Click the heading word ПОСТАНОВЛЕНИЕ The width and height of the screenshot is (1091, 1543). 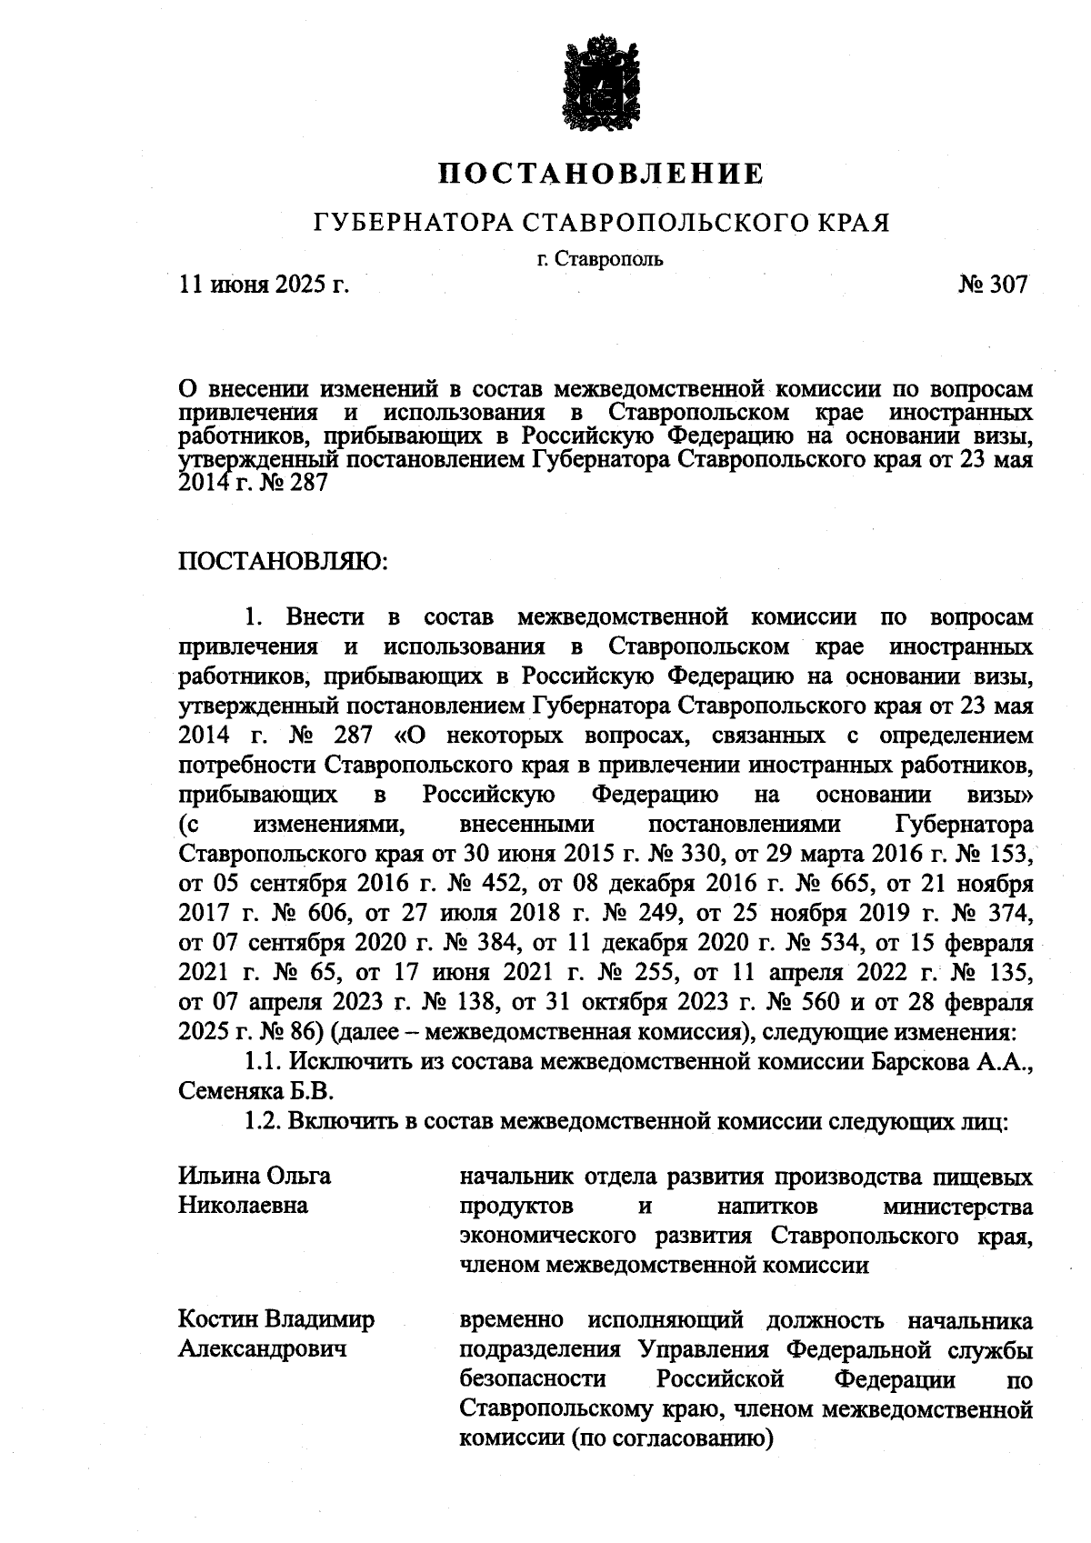click(600, 173)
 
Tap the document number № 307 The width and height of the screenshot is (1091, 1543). click(993, 286)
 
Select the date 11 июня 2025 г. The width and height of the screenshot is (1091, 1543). click(265, 286)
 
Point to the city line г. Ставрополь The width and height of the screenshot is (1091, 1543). click(600, 259)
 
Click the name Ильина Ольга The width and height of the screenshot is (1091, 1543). click(255, 1176)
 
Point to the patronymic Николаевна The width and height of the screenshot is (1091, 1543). click(243, 1206)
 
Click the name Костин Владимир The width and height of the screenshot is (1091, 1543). click(276, 1318)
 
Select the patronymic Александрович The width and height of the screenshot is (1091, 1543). click(263, 1348)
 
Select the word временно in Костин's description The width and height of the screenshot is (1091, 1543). click(511, 1318)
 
